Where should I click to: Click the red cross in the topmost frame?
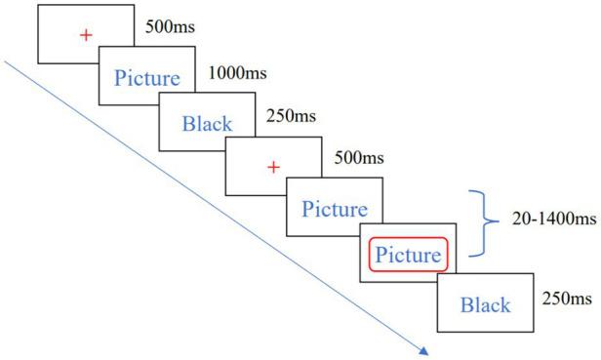86,36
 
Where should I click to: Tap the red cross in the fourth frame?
274,168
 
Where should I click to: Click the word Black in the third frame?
207,124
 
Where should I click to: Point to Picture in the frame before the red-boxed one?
334,209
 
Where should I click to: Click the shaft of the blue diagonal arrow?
215,206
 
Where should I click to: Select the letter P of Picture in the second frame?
120,78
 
